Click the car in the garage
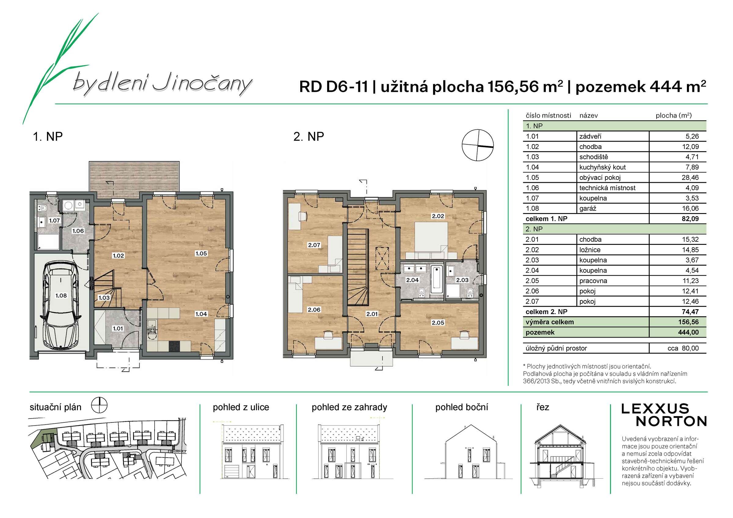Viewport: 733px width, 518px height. pyautogui.click(x=61, y=305)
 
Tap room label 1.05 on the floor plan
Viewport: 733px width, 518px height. pyautogui.click(x=201, y=253)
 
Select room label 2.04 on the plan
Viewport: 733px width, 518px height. pyautogui.click(x=412, y=280)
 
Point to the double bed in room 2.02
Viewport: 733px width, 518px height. pyautogui.click(x=431, y=240)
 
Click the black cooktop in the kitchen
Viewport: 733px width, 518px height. pyautogui.click(x=174, y=346)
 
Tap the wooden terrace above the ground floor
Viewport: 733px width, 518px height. pyautogui.click(x=134, y=180)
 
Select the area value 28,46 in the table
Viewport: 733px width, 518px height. pyautogui.click(x=690, y=177)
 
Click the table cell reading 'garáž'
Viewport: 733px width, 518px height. pyautogui.click(x=588, y=208)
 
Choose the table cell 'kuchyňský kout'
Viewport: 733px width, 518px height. pyautogui.click(x=602, y=167)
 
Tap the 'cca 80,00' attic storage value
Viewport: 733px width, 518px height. pyautogui.click(x=683, y=348)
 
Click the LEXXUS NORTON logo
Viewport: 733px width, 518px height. pyautogui.click(x=664, y=415)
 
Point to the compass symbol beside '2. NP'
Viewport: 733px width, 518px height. pyautogui.click(x=478, y=145)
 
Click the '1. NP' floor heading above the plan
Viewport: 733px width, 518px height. pyautogui.click(x=48, y=137)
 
